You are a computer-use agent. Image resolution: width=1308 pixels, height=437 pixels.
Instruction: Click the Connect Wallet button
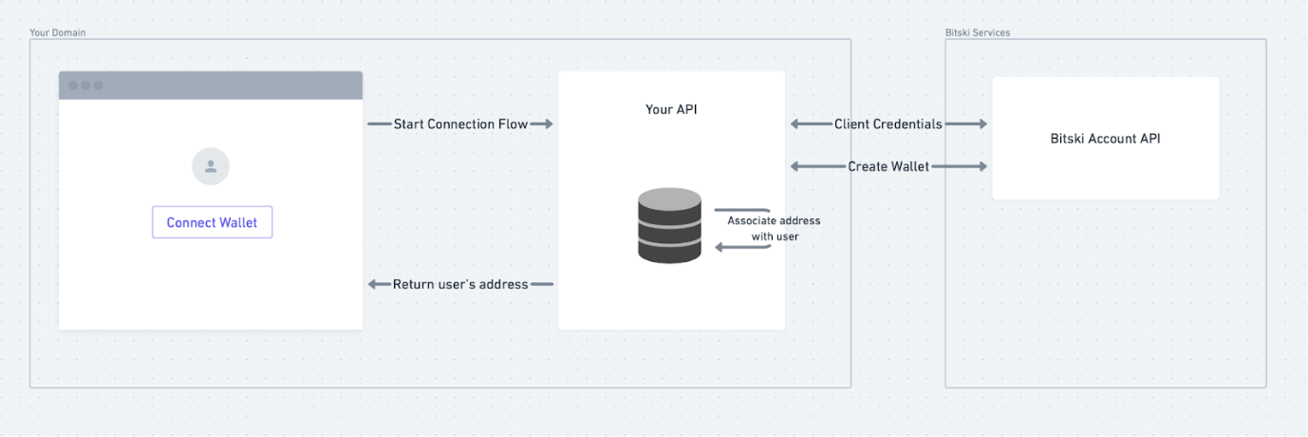coord(212,222)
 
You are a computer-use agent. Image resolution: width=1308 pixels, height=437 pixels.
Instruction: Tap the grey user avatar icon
coord(211,166)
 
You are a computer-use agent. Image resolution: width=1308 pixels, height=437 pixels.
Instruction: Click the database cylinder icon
coord(669,225)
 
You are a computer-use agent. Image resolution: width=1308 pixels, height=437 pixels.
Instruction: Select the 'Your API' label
coord(671,109)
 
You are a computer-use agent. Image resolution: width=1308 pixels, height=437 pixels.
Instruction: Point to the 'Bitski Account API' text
coord(1105,139)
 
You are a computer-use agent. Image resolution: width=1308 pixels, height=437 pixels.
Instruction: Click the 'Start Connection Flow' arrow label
coord(460,124)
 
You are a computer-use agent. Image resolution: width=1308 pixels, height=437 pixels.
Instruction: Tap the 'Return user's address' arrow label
coord(460,284)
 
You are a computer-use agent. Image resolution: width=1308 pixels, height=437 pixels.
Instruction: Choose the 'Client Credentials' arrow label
coord(888,124)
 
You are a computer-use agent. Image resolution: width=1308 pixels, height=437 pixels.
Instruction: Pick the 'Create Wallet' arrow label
coord(888,167)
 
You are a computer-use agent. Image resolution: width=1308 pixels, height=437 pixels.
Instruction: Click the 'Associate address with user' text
coord(774,228)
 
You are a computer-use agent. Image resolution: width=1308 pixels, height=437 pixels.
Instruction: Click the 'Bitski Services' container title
coord(978,32)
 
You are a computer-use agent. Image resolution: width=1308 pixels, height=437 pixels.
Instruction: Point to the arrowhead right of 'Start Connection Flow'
coord(548,124)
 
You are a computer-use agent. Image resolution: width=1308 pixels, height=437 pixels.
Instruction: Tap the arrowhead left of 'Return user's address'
coord(373,284)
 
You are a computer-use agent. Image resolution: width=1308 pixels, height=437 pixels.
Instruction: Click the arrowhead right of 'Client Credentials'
coord(981,124)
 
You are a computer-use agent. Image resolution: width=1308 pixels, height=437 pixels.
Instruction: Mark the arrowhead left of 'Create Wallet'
coord(796,167)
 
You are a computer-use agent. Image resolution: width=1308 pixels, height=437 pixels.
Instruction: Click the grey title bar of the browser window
coord(211,85)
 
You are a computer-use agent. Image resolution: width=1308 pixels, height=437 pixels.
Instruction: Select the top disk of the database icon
coord(669,200)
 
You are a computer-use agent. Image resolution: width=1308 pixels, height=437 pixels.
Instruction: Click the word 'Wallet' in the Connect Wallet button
coord(237,222)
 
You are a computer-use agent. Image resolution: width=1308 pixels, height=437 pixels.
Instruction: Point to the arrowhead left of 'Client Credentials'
coord(796,124)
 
